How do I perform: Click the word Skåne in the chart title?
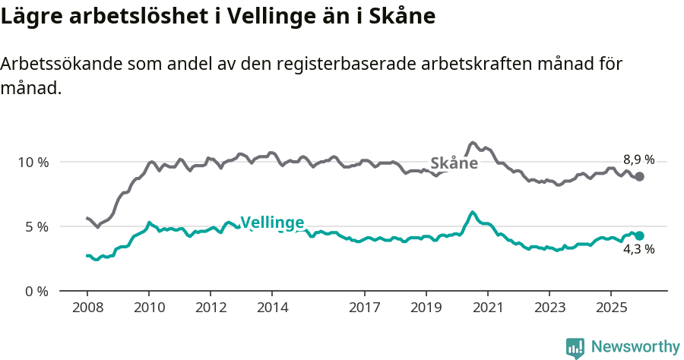click(x=403, y=16)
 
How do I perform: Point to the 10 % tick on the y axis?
click(x=33, y=162)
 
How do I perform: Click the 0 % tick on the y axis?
click(x=36, y=291)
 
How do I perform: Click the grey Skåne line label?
click(x=454, y=163)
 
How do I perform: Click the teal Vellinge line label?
click(x=272, y=223)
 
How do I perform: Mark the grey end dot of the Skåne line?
click(x=640, y=176)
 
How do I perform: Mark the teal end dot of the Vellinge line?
click(x=640, y=235)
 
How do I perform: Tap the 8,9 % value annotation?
click(x=638, y=159)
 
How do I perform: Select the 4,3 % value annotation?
click(x=638, y=249)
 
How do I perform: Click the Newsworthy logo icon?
click(x=575, y=348)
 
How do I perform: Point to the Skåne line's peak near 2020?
click(x=473, y=142)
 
